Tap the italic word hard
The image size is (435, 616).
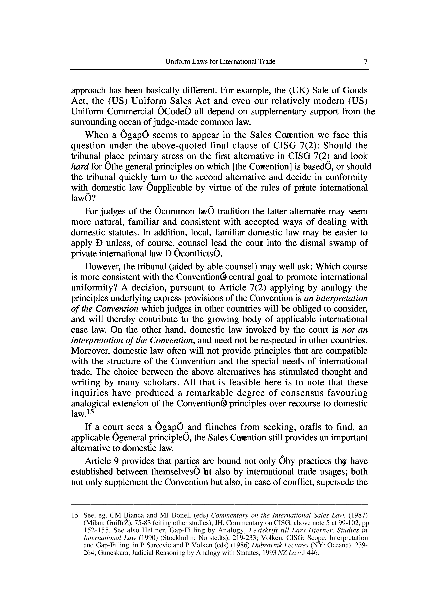tap(80, 167)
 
